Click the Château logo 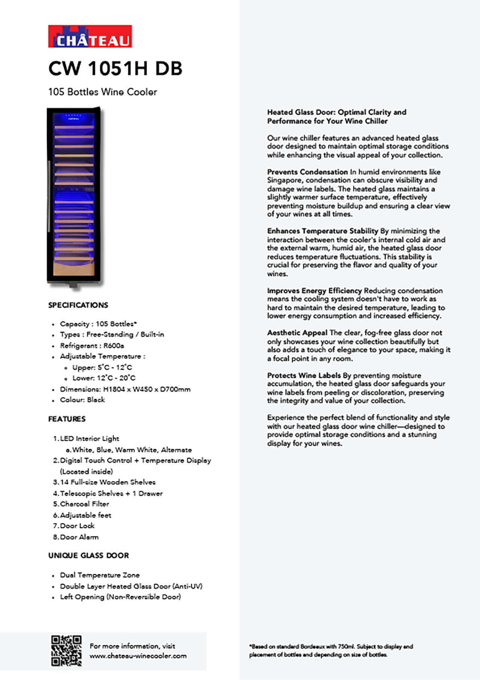(x=90, y=36)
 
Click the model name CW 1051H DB (x=115, y=69)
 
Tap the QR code (x=66, y=651)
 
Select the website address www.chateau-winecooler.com (x=138, y=656)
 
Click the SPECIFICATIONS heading (x=78, y=305)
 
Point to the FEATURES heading (x=67, y=419)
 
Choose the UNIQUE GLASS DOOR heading (x=88, y=555)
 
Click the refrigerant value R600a (x=114, y=345)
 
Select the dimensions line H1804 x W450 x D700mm (x=125, y=389)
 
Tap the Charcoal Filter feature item (x=84, y=504)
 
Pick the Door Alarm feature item (x=79, y=537)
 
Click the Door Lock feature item (x=77, y=526)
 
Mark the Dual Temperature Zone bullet (x=100, y=575)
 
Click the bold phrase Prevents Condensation (x=307, y=172)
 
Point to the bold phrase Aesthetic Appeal (x=297, y=333)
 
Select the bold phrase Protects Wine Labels (x=304, y=375)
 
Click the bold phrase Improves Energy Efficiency (x=314, y=291)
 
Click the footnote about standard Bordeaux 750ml (x=331, y=650)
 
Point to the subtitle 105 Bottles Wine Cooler (x=103, y=92)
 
